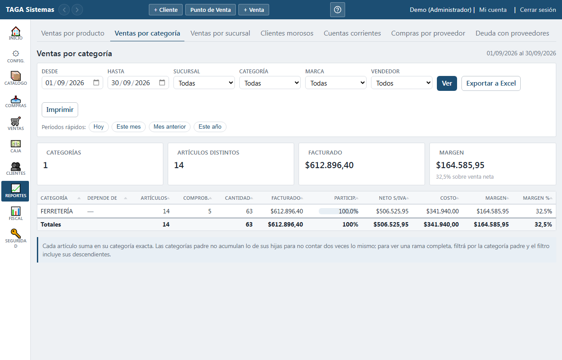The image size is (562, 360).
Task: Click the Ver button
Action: point(447,83)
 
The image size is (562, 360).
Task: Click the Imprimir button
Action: point(60,110)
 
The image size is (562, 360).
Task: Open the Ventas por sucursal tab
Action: point(220,33)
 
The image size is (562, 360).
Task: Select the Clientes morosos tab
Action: point(287,33)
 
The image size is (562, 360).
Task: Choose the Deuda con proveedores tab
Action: point(512,33)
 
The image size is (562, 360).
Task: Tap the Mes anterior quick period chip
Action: point(169,127)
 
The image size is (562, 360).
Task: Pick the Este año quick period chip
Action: point(210,127)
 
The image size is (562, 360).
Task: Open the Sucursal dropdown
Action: point(204,83)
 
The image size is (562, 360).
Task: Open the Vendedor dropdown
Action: point(402,83)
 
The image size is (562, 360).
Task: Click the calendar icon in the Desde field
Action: point(96,83)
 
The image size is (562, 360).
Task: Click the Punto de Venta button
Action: point(210,10)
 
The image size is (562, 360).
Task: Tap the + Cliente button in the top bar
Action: point(166,10)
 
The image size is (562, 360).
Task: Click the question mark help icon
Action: point(338,10)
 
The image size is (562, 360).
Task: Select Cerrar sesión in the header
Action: point(538,10)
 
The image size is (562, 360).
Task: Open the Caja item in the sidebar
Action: point(15,146)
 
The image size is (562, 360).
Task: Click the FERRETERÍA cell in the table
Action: point(57,211)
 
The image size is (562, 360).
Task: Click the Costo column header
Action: point(448,198)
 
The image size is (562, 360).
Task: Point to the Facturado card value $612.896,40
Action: point(329,165)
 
